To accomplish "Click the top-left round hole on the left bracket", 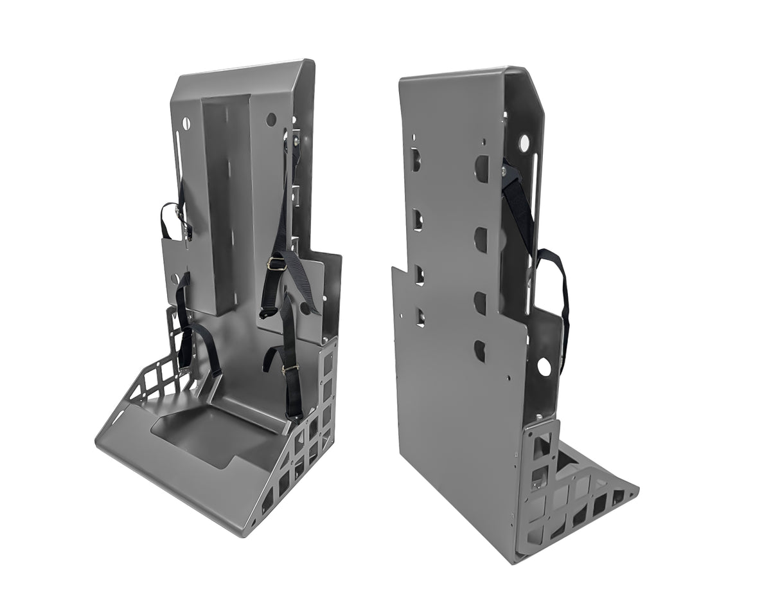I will pos(187,122).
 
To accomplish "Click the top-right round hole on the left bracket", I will pos(271,120).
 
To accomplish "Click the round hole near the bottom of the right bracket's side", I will pos(544,367).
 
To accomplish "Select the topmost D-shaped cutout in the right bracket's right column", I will pos(481,168).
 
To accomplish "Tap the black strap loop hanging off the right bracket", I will pos(558,289).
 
